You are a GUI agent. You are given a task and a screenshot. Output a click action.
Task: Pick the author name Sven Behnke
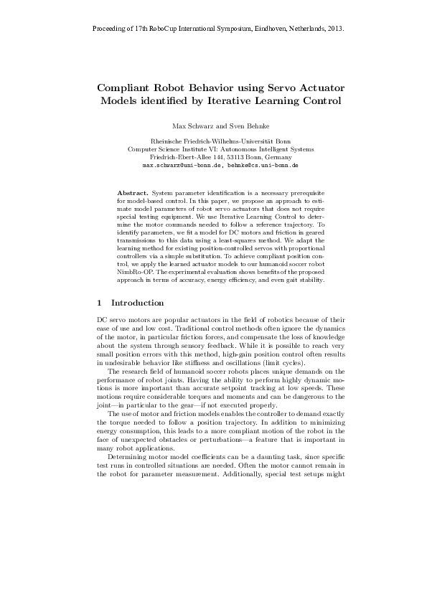pos(238,126)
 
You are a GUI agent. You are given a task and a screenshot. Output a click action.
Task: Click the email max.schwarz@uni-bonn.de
pos(182,164)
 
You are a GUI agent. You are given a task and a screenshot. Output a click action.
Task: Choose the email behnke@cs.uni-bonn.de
pos(263,164)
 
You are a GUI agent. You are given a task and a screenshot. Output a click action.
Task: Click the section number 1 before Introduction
pos(98,303)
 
